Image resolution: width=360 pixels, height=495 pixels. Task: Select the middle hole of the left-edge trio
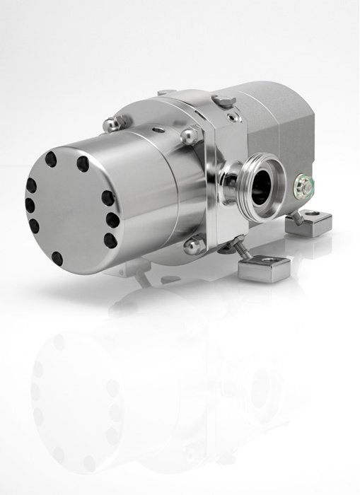pos(29,205)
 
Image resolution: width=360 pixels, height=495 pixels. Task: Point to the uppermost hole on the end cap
pos(82,165)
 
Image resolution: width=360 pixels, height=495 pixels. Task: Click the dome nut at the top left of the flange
pos(110,125)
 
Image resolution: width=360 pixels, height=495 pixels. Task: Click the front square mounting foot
pos(254,267)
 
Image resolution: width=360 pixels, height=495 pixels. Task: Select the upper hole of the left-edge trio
pos(31,185)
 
